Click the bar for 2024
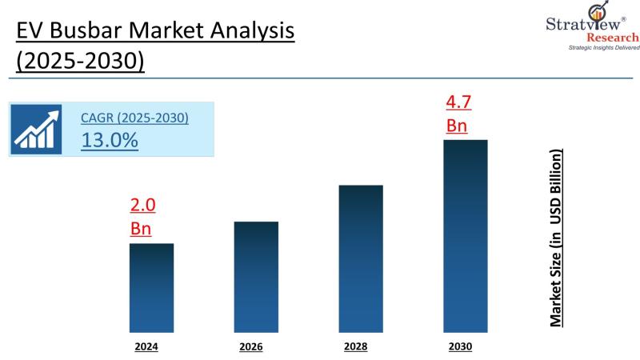coord(151,287)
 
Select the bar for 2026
coord(256,276)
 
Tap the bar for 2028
coord(360,258)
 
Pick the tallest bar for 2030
coord(465,236)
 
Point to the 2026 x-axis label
coord(250,347)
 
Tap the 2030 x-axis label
coord(461,346)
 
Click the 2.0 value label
coord(142,206)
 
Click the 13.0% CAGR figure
coord(110,140)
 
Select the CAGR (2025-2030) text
coord(134,118)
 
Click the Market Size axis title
coord(557,237)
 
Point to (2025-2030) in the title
coord(80,62)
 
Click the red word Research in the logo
coord(612,38)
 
